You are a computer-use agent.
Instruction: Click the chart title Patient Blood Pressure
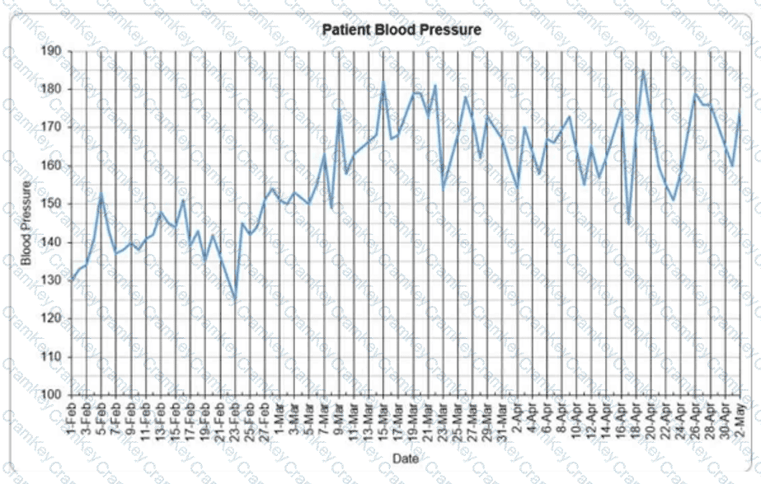point(402,31)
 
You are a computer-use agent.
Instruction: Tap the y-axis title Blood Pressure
point(26,223)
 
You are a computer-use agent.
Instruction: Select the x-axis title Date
point(405,457)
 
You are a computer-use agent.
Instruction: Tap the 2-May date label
point(740,420)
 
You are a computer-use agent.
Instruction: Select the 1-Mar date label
point(283,420)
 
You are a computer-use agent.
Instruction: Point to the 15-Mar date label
point(384,421)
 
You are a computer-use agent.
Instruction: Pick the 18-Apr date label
point(638,421)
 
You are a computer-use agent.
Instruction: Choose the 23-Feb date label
point(236,421)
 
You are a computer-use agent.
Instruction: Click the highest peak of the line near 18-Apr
point(643,70)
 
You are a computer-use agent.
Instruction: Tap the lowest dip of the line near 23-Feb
point(235,301)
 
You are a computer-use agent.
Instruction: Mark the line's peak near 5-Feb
point(101,195)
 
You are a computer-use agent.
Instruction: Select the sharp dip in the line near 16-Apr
point(628,223)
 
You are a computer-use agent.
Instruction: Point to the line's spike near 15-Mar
point(383,82)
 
